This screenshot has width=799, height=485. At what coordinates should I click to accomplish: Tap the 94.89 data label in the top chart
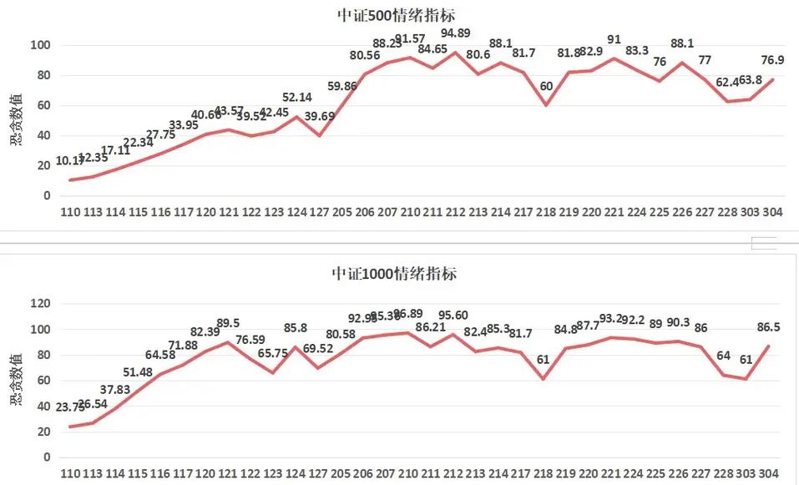point(453,33)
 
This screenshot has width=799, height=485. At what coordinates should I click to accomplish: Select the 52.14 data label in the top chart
point(297,97)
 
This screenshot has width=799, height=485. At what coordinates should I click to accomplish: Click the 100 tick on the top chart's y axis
point(39,44)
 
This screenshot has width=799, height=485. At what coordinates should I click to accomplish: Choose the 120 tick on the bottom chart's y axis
point(39,304)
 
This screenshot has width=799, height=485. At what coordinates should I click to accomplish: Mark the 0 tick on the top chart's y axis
point(47,195)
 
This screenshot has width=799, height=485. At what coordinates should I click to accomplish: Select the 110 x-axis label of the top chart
point(71,213)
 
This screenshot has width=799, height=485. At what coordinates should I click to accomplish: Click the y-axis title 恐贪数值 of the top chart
point(16,120)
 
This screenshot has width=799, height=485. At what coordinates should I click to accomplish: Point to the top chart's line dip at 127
point(320,135)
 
